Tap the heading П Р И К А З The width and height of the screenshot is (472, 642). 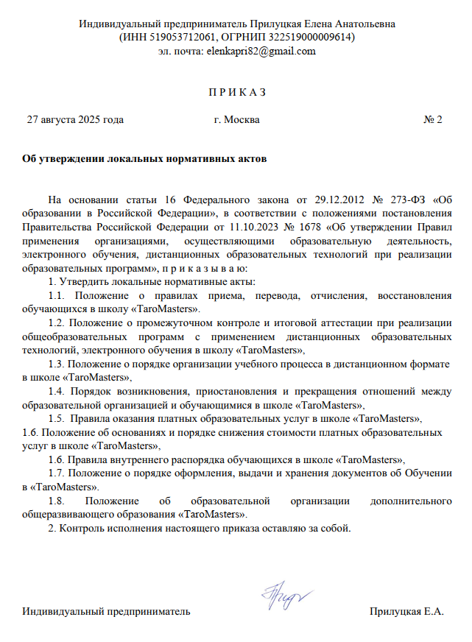(x=236, y=93)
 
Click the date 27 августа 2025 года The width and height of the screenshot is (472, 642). (x=75, y=119)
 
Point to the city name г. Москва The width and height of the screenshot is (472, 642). (x=236, y=119)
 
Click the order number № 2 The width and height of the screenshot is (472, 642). (x=433, y=119)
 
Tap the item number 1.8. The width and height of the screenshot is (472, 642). (x=57, y=501)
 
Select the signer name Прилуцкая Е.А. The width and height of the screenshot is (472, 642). (x=406, y=613)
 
